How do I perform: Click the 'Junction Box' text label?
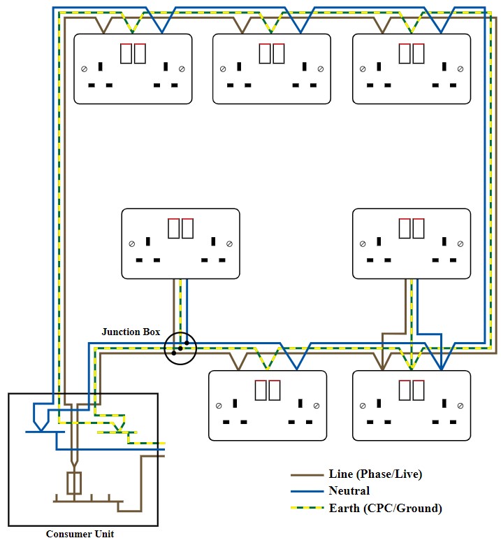(131, 332)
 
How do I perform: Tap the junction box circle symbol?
(180, 348)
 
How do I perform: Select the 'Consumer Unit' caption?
(80, 534)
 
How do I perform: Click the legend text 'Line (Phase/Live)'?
(375, 474)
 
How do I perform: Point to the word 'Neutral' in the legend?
(349, 491)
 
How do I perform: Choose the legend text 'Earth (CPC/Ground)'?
(385, 508)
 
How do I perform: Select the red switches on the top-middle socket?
(272, 52)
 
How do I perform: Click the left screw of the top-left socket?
(85, 69)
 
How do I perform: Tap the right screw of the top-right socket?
(460, 69)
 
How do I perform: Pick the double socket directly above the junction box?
(180, 243)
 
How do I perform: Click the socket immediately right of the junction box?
(268, 406)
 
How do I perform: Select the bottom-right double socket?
(411, 406)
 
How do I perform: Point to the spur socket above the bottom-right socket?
(411, 243)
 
